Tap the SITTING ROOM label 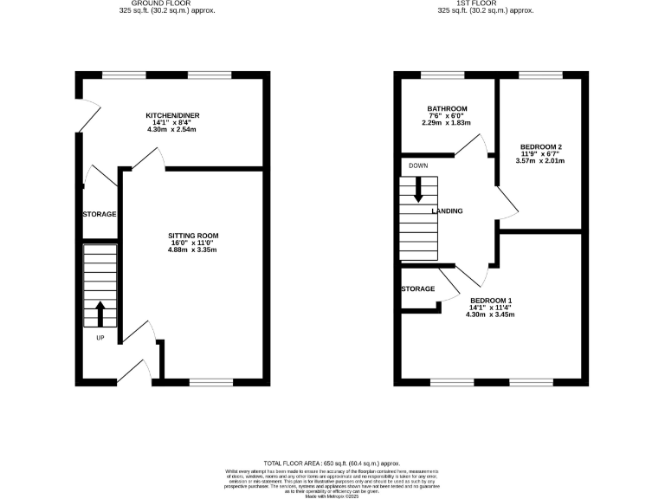(192, 235)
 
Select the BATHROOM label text (446, 108)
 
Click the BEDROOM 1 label (492, 300)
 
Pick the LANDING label (447, 211)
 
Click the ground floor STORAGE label (100, 214)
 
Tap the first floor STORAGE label (417, 288)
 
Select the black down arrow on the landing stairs (418, 189)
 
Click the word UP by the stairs (100, 338)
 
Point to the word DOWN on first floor (419, 165)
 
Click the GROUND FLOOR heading (167, 3)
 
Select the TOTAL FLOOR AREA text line (332, 464)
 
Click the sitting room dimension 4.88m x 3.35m (192, 250)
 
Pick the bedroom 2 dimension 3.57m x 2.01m (539, 160)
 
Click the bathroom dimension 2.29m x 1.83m (446, 123)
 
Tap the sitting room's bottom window (211, 381)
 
